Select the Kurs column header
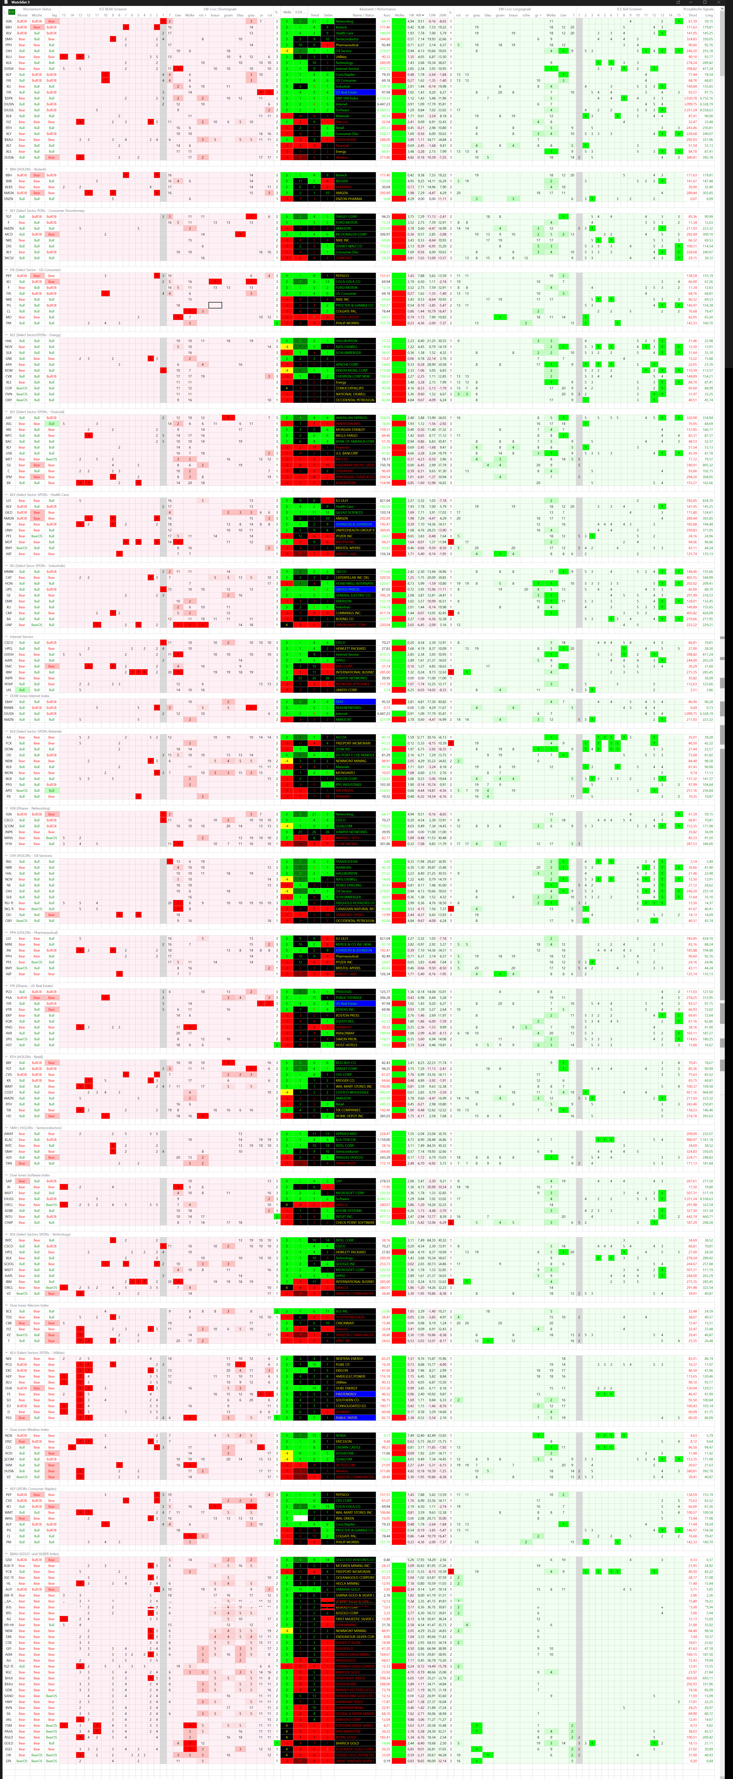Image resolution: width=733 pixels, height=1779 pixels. pyautogui.click(x=386, y=15)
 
